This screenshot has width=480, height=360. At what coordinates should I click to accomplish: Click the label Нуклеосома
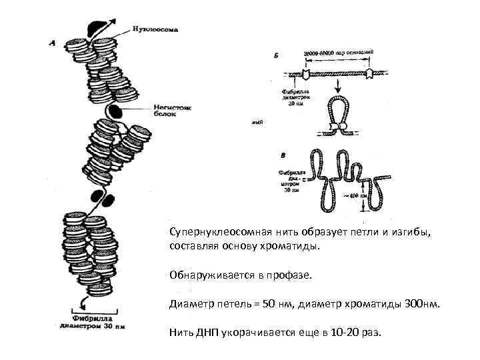pyautogui.click(x=155, y=30)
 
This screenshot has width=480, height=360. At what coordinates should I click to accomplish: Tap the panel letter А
pyautogui.click(x=53, y=44)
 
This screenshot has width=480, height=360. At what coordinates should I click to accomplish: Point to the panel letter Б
pyautogui.click(x=277, y=57)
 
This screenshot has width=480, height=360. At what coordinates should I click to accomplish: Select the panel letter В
pyautogui.click(x=283, y=155)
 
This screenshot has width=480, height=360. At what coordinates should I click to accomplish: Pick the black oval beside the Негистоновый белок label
pyautogui.click(x=116, y=110)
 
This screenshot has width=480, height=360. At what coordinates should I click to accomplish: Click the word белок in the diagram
pyautogui.click(x=165, y=115)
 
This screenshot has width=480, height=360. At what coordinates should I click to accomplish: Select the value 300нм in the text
pyautogui.click(x=421, y=304)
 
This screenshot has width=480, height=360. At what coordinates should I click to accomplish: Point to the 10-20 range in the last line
pyautogui.click(x=346, y=332)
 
